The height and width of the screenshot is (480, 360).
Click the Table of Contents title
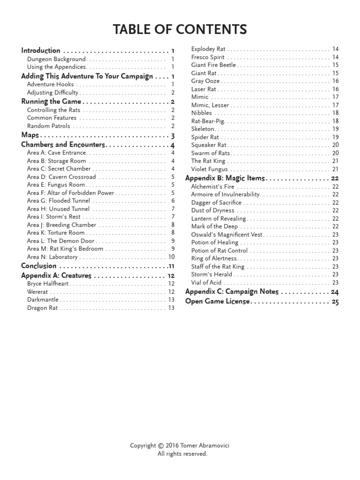[x=180, y=30]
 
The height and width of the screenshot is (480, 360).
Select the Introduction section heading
[x=41, y=51]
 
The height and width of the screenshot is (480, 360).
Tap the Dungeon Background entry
[x=56, y=59]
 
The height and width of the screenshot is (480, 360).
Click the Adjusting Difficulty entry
[x=52, y=93]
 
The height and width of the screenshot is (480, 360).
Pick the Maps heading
[x=30, y=135]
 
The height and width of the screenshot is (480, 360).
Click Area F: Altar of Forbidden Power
[x=71, y=193]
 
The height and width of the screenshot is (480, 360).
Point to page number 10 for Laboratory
[x=171, y=257]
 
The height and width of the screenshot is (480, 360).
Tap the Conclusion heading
[x=39, y=266]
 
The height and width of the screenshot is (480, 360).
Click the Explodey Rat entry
[x=209, y=49]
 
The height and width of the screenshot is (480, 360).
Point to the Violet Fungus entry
[x=210, y=169]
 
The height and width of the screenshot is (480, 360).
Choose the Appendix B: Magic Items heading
[x=225, y=178]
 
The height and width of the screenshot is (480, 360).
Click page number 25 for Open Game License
[x=335, y=302]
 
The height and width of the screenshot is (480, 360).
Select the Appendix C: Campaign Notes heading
[x=232, y=292]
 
